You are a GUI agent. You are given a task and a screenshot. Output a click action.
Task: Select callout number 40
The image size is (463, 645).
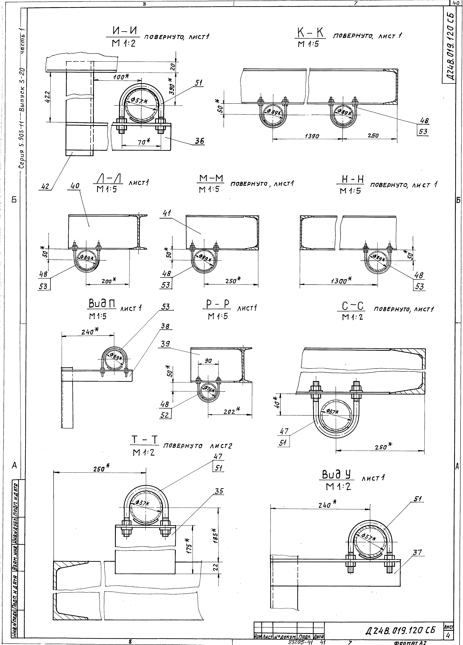75,186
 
